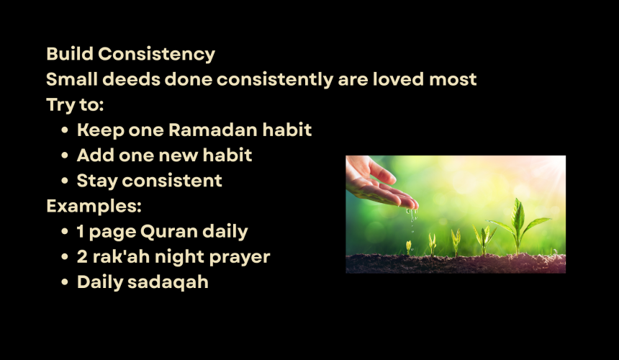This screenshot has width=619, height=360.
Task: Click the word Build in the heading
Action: coord(70,54)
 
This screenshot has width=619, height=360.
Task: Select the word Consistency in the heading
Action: coord(157,55)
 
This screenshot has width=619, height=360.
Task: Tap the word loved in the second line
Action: coord(398,79)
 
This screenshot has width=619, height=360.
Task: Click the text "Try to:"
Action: coord(75,105)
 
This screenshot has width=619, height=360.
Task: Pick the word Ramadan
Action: coord(213,130)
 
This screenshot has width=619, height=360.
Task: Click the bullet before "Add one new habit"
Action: coord(65,156)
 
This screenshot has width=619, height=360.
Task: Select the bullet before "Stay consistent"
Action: coord(65,181)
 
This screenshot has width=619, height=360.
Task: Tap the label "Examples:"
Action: coord(94,206)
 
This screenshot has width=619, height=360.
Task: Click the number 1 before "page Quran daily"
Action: coord(81,231)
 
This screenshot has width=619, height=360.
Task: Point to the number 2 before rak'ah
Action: coord(82,256)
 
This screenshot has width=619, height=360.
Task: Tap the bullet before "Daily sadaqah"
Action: coord(65,282)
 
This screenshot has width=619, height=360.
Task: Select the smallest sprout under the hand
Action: coord(409,248)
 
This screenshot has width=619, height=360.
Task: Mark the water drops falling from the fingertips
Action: coord(412,219)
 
